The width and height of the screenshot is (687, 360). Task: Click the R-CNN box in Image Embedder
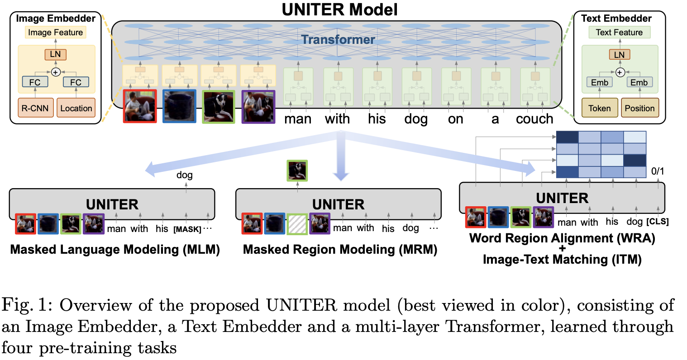coord(36,108)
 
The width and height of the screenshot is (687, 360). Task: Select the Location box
coord(76,108)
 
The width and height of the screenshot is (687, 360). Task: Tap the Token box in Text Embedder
coord(600,108)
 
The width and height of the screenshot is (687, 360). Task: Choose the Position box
coord(640,108)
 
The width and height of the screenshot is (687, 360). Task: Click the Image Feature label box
coord(56,32)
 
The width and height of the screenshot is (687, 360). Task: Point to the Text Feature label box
coord(619,32)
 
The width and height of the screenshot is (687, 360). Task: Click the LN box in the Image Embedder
coord(56,54)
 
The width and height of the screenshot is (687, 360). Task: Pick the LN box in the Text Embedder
coord(620,55)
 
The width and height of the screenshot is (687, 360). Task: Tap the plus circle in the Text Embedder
coord(620,72)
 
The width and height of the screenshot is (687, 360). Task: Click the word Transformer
coord(338,39)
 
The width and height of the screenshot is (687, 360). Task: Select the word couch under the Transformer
coord(534,119)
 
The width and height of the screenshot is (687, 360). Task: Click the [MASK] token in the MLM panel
coord(187,229)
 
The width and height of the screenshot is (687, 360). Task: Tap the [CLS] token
coord(657,221)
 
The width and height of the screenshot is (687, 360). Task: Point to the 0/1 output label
coord(658,171)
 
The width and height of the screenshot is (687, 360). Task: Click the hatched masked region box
coord(297,224)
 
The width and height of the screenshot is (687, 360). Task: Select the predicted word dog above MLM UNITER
coord(184,175)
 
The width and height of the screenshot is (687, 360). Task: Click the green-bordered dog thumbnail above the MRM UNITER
coord(297,171)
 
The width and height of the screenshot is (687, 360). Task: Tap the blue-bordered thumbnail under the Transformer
coord(179,106)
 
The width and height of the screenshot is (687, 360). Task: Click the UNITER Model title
coord(339,10)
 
